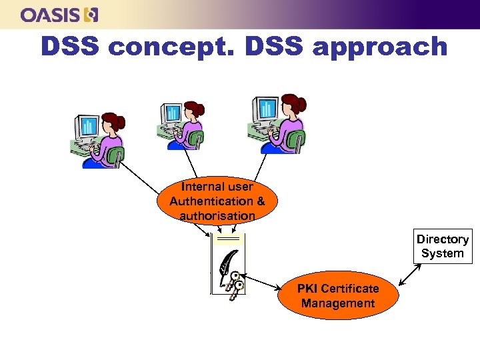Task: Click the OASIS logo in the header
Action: click(x=59, y=15)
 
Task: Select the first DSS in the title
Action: click(x=71, y=47)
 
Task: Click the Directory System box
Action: click(x=442, y=246)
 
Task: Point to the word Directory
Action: click(x=442, y=239)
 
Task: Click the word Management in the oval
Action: click(x=337, y=303)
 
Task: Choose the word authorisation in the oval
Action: click(x=217, y=215)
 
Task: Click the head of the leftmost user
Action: click(x=113, y=121)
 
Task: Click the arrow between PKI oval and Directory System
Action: click(x=409, y=275)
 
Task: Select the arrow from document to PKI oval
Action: click(x=262, y=282)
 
